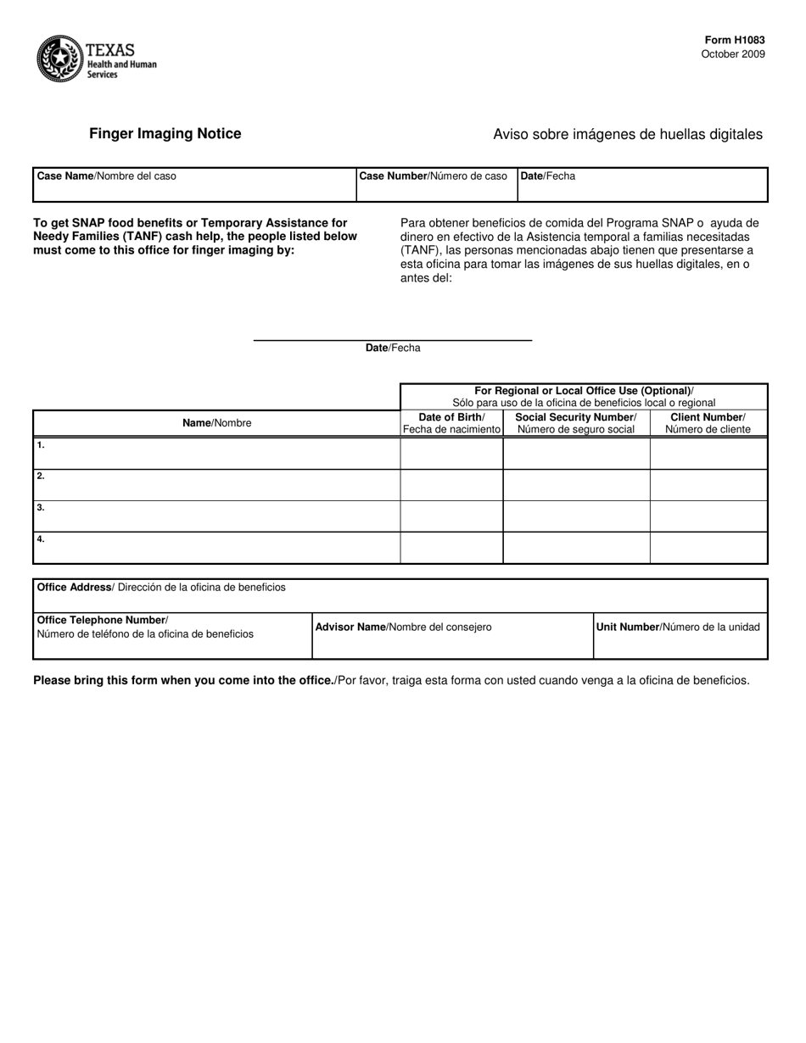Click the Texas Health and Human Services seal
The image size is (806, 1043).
[x=59, y=59]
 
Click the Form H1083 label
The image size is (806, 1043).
[x=734, y=40]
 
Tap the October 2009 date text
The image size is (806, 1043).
[x=732, y=54]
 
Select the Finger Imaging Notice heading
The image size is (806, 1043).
[x=165, y=134]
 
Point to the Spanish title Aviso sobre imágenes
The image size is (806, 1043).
[x=627, y=134]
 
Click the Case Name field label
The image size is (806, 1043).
[x=107, y=176]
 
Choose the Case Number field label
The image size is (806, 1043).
[x=433, y=176]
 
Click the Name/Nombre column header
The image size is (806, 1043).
[x=216, y=423]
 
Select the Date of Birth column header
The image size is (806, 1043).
[x=451, y=423]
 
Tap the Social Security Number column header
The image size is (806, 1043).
[x=576, y=423]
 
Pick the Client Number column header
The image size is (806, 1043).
[x=708, y=423]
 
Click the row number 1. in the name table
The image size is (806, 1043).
[x=41, y=445]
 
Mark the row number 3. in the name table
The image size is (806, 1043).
[x=41, y=508]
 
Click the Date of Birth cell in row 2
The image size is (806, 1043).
[x=451, y=485]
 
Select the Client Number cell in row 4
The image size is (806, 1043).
[x=708, y=548]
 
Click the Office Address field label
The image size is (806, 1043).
[x=161, y=588]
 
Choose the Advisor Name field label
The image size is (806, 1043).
[x=403, y=627]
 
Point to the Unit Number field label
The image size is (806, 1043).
[x=678, y=627]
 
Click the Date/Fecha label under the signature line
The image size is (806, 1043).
[x=393, y=349]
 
